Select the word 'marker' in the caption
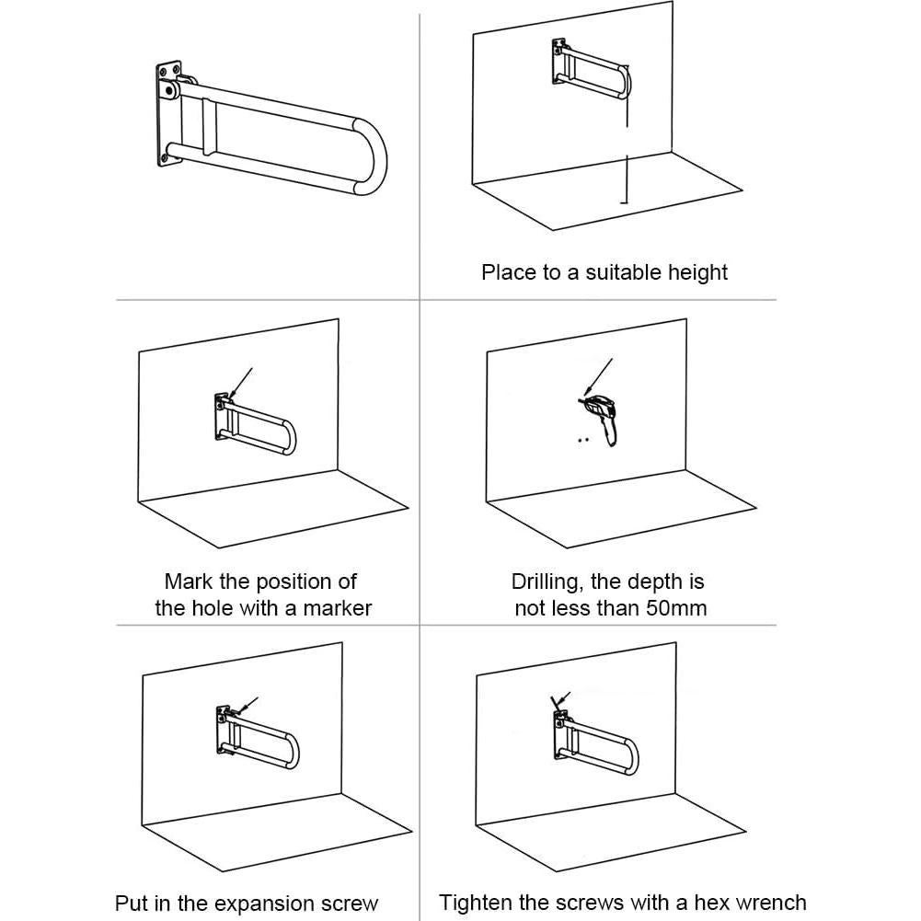337,608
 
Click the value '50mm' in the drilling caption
676,608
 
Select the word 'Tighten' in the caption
470,903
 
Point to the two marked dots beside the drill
583,440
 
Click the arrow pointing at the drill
599,377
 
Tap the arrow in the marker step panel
241,384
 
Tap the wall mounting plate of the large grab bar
168,113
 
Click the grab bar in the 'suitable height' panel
592,69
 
